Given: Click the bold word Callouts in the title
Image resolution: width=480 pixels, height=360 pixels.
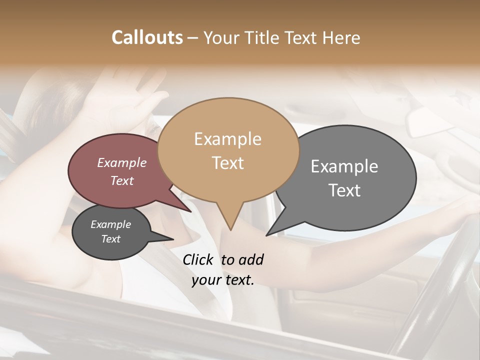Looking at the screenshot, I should coord(147,37).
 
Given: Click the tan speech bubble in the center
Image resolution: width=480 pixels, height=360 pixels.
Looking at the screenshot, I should coord(228,150).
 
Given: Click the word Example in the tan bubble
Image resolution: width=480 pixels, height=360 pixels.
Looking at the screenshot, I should coord(227,139).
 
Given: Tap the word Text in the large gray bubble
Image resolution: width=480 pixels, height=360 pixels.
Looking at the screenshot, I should coord(344,190).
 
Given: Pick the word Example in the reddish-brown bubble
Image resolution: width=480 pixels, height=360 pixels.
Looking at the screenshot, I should coord(122,162).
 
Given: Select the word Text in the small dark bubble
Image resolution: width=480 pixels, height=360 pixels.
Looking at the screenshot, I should coord(110,239).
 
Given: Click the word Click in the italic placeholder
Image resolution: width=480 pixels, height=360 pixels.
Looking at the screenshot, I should coord(198,259).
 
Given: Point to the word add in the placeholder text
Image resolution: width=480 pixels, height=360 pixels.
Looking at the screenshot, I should coord(250,259).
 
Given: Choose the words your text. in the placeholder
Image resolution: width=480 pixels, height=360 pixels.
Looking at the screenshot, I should coord(223,280).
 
